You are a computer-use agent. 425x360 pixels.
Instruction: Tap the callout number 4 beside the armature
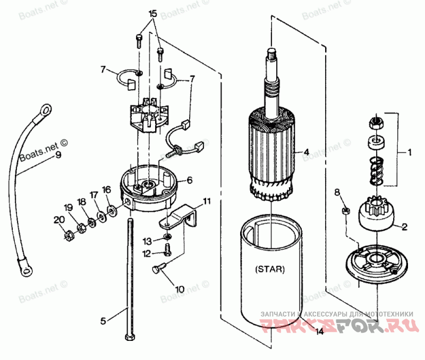click(x=306, y=152)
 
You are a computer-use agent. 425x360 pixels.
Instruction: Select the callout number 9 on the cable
click(x=58, y=155)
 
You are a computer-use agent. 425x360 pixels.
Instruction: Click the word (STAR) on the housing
click(x=269, y=269)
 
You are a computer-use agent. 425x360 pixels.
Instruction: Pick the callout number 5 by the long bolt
click(x=104, y=321)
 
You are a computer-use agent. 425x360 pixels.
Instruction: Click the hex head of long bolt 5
click(x=130, y=337)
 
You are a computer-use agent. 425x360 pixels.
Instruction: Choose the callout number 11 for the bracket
click(x=207, y=201)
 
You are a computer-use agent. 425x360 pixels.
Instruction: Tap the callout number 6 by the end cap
click(x=189, y=180)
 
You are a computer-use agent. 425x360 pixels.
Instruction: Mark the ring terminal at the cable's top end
click(x=46, y=109)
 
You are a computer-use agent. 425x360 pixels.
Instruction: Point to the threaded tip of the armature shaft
click(x=271, y=53)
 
